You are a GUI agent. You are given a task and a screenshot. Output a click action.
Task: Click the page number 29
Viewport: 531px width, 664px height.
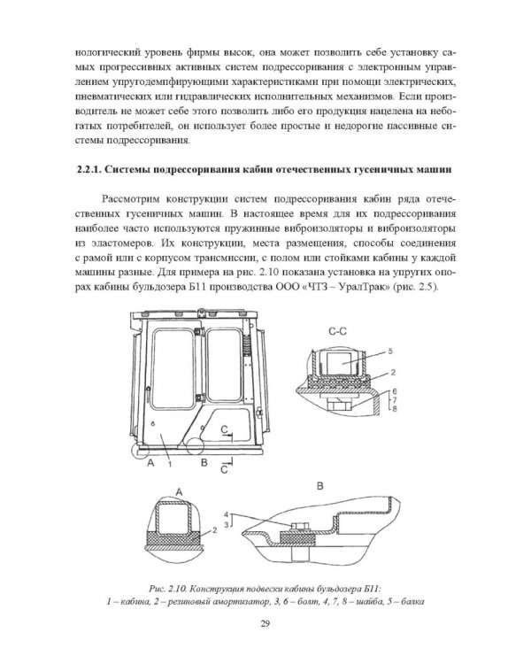(265, 623)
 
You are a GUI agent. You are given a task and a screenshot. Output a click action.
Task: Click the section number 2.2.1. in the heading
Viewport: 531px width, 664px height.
(88, 170)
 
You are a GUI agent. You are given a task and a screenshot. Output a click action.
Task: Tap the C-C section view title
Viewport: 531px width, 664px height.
(337, 332)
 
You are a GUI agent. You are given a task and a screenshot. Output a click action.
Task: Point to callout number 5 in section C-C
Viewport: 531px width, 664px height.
(390, 351)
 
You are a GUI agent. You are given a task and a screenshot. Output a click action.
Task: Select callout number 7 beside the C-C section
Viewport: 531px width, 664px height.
(394, 400)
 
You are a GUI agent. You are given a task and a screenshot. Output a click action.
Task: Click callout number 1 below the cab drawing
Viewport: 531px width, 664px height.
(169, 465)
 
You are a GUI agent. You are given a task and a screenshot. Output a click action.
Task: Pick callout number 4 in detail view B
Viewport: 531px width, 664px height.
(227, 514)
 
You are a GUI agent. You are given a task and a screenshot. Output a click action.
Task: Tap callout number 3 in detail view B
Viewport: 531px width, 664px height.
(227, 524)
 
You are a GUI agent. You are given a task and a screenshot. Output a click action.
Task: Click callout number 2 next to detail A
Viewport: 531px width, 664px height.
(214, 529)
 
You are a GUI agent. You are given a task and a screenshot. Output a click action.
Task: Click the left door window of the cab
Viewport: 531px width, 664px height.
(173, 368)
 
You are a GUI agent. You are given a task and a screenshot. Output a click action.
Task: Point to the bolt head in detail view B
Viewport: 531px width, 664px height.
(298, 526)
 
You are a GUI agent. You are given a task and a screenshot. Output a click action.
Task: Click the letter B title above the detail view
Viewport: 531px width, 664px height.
(320, 486)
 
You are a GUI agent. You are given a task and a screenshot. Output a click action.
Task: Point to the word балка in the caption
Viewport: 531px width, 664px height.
(412, 602)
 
